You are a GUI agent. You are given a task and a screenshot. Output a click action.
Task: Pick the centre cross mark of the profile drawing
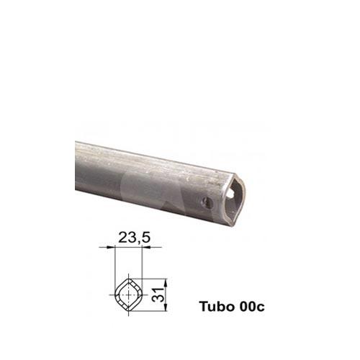pos(129,294)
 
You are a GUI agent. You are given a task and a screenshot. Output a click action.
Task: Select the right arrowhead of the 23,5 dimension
pos(142,247)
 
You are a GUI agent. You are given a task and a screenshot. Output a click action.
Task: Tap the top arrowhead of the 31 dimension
pos(166,280)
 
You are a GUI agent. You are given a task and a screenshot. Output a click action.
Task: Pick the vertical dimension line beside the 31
pos(166,294)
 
